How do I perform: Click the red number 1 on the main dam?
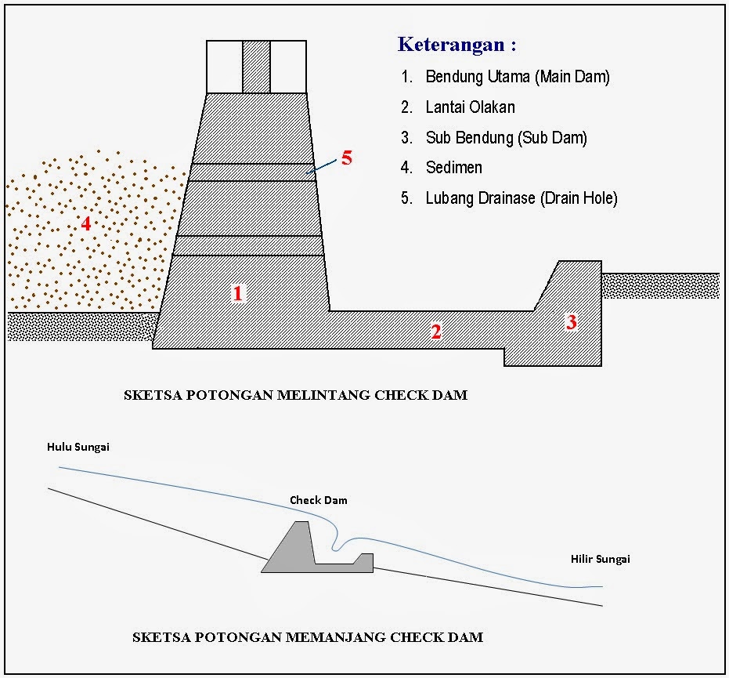pos(237,293)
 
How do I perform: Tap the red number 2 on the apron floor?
pos(435,332)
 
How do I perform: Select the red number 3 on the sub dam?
pos(572,322)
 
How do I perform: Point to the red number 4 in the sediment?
pos(86,224)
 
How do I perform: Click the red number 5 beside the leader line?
pos(347,158)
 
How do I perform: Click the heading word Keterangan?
pos(451,44)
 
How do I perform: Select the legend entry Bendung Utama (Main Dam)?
pos(518,77)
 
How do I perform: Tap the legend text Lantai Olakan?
pos(470,107)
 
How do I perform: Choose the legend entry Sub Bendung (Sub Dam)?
pos(507,138)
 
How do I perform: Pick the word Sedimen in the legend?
pos(454,168)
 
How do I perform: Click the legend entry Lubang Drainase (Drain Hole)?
pos(521,198)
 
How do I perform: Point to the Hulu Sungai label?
pos(78,448)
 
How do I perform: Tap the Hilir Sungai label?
pos(601,559)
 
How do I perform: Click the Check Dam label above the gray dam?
pos(319,500)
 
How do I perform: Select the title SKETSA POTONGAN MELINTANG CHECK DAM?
pos(296,395)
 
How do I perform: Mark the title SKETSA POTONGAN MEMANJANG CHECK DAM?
pos(308,637)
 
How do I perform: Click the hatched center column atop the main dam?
pos(256,67)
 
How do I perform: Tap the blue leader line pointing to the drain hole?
pos(321,166)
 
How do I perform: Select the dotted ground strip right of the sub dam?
pos(661,286)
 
